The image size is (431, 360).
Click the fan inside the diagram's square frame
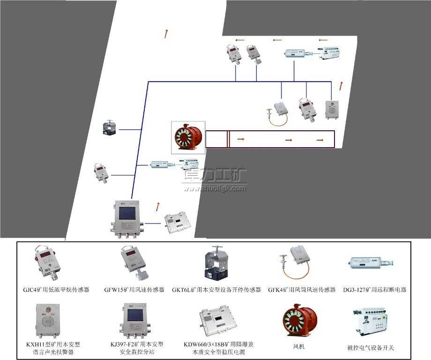tap(188, 138)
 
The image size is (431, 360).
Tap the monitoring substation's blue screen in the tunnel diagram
tap(127, 213)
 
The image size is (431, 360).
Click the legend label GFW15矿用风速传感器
tap(134, 290)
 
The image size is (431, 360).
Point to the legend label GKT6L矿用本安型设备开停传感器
tap(216, 290)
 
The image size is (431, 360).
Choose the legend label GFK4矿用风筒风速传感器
tap(302, 290)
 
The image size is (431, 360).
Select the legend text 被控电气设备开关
tap(371, 347)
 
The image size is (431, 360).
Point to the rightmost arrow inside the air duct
tap(320, 140)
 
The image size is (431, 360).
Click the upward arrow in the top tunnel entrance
tap(165, 33)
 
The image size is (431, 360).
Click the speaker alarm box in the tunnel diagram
tap(332, 109)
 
